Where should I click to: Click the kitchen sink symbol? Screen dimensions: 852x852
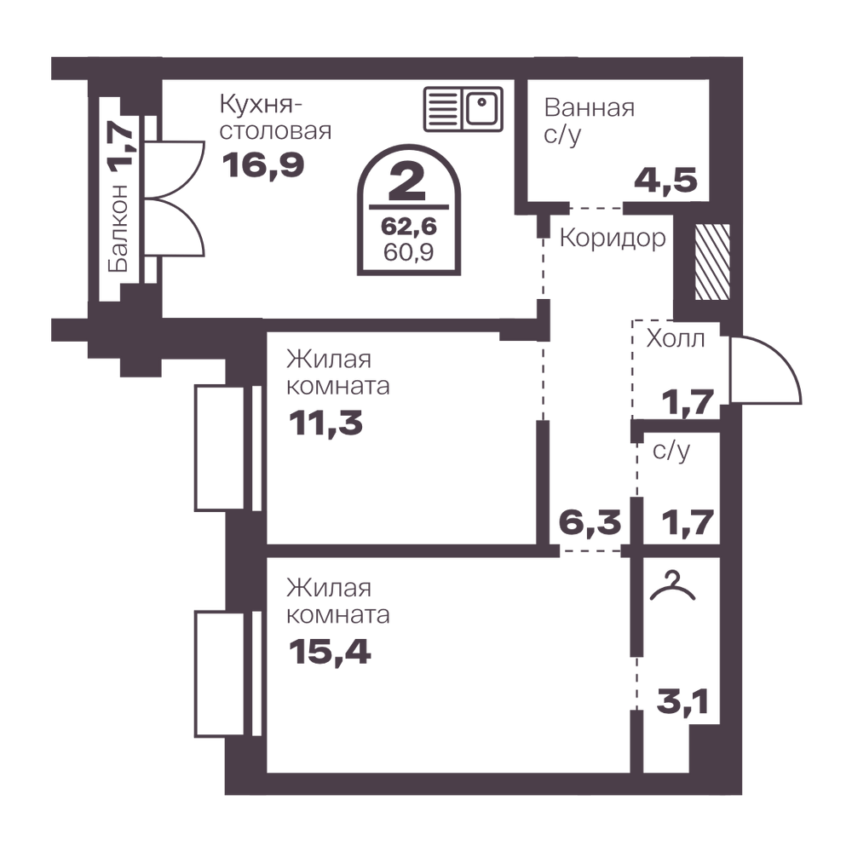[x=463, y=109]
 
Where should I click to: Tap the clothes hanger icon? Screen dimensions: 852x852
[x=673, y=586]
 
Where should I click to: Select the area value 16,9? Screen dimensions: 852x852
[x=263, y=164]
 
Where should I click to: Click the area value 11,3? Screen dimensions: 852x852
[x=325, y=423]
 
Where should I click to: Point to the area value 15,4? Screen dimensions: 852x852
[x=329, y=652]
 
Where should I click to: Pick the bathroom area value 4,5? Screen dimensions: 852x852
[x=665, y=180]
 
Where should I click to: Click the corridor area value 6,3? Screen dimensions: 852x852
[x=590, y=522]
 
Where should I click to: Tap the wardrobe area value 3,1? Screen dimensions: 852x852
[x=682, y=701]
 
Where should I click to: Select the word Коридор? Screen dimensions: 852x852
[x=613, y=238]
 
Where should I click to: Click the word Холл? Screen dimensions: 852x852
[x=676, y=338]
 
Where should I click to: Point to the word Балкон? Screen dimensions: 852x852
[x=119, y=228]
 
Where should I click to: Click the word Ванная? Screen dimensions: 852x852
[x=589, y=107]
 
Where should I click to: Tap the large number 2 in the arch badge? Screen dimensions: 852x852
[x=407, y=182]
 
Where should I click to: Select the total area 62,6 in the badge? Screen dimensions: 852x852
[x=409, y=226]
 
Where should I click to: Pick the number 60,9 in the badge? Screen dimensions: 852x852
[x=409, y=252]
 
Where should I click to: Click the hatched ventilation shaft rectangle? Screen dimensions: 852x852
[x=712, y=262]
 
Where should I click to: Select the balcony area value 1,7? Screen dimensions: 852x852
[x=120, y=147]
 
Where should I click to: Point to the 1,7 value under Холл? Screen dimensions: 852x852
[x=688, y=403]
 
